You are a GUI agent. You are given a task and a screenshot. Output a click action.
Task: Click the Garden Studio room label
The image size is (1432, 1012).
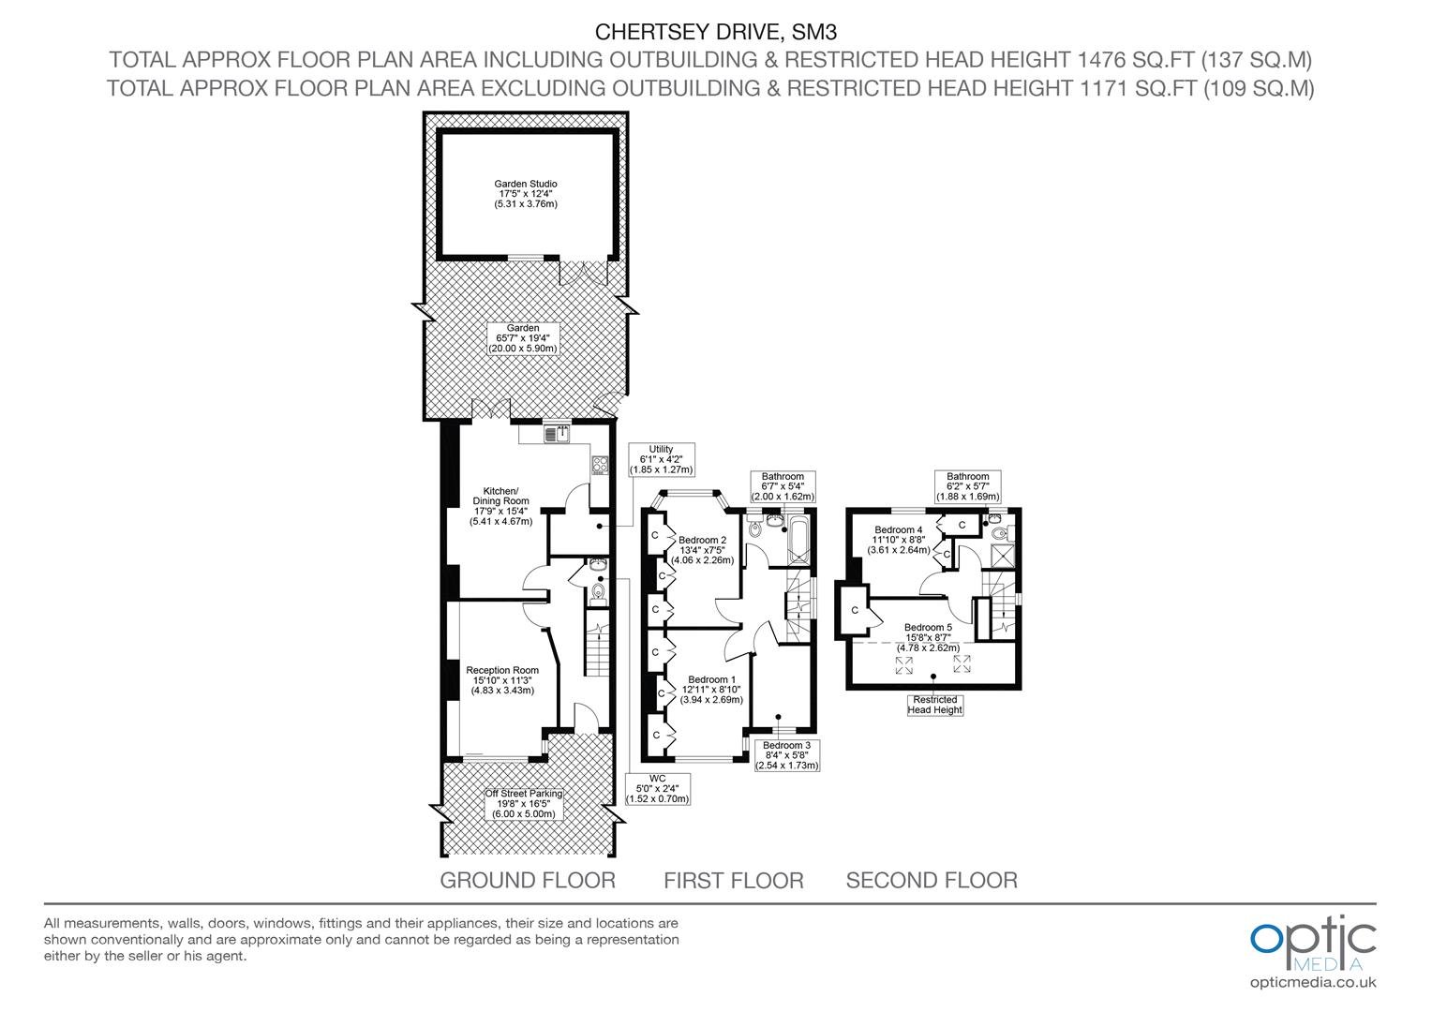coord(526,194)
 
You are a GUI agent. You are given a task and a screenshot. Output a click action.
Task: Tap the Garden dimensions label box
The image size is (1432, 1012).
coord(523,338)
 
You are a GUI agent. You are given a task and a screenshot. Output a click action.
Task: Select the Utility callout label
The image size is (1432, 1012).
coord(661,459)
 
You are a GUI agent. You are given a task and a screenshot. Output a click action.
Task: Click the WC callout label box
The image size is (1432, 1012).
coord(657,789)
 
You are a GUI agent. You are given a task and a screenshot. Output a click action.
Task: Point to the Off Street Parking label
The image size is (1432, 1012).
coord(524,804)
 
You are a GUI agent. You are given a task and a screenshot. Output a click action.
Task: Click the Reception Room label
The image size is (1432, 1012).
coord(502,680)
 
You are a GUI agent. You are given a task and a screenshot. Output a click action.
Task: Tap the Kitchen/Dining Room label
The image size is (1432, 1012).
coord(500,506)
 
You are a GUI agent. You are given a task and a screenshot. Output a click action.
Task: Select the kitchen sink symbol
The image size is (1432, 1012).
coord(557,434)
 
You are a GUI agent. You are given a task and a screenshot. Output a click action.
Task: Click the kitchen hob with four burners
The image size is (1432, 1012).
coord(600,465)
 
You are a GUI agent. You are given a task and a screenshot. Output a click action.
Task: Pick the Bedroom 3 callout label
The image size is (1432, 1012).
coord(786,755)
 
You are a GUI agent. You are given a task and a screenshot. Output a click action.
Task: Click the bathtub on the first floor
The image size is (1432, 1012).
coord(798,542)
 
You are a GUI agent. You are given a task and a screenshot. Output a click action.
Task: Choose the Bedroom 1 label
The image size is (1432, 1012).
coord(711,689)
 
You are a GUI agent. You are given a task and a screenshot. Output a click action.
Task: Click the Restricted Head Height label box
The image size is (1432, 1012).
coord(934,705)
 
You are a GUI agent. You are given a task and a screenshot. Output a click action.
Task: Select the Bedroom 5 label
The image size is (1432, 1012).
coord(928,637)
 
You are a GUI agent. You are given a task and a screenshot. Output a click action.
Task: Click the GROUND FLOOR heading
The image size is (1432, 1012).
coord(528,880)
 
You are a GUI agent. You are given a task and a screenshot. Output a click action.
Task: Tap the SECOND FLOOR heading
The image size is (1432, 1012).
coord(932,880)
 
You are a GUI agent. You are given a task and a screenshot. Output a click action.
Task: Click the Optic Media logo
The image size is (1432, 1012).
coord(1313,952)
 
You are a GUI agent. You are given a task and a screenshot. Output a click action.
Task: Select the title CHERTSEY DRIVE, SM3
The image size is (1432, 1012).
coord(715,32)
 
